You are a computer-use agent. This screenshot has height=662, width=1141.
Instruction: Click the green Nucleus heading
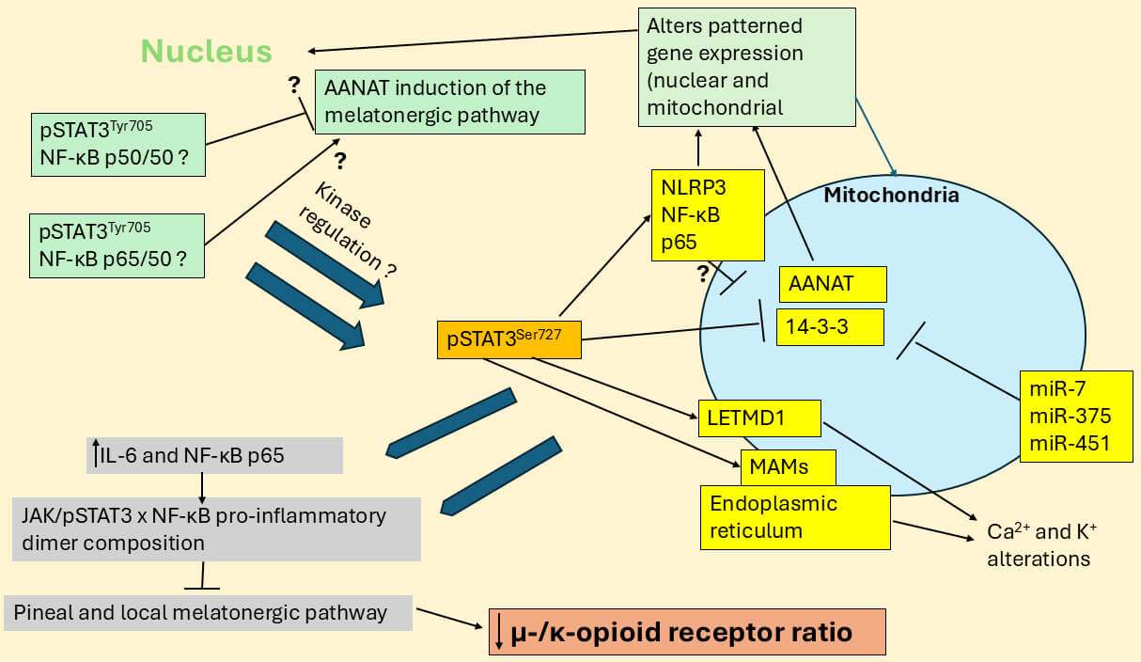(207, 51)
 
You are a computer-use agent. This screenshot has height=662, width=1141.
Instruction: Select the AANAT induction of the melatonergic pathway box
(450, 102)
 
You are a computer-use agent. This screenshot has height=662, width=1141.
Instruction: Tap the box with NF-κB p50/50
(117, 144)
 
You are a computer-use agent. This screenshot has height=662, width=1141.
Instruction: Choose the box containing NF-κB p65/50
(117, 244)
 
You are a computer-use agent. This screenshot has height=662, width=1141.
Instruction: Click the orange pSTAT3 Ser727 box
(508, 339)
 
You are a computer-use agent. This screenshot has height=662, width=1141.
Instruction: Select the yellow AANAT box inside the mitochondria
(832, 284)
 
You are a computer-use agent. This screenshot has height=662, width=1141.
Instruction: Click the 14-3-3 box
(830, 326)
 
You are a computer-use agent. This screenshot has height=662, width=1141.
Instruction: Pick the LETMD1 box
(759, 418)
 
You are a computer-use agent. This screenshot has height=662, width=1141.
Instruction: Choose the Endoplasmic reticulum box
(795, 516)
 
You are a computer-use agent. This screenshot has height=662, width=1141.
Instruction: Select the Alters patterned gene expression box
(746, 67)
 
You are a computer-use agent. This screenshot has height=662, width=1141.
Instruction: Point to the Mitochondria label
(891, 196)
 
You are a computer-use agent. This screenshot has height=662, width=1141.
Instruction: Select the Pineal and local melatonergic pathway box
(208, 612)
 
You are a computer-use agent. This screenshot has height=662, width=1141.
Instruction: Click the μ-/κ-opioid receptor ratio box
(686, 632)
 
